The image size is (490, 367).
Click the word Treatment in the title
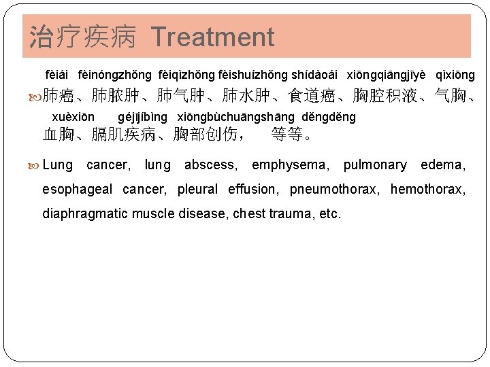[212, 37]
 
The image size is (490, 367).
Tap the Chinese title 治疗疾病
[85, 37]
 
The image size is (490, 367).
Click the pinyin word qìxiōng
[455, 75]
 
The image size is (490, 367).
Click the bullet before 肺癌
[36, 97]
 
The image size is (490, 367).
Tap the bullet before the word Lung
[36, 165]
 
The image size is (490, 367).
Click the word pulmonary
[375, 165]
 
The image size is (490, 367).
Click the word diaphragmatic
[84, 214]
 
